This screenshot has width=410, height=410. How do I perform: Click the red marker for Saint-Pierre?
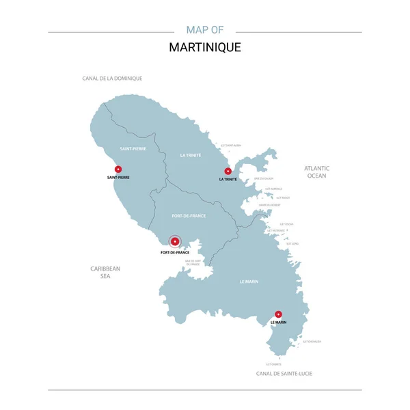[118, 169]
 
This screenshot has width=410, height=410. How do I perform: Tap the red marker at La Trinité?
[228, 171]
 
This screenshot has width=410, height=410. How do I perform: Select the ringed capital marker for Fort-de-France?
[175, 241]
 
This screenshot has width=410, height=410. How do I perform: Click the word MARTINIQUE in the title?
[205, 49]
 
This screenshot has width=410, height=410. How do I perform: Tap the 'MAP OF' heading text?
[205, 30]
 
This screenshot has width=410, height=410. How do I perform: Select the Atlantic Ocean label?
[317, 172]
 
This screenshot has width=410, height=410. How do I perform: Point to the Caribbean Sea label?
[105, 272]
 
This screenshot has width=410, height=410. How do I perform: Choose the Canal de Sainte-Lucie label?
[284, 374]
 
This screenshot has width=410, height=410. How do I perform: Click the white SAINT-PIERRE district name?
[133, 148]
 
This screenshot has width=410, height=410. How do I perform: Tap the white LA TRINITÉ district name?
[191, 155]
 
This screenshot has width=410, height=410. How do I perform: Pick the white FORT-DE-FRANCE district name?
[189, 216]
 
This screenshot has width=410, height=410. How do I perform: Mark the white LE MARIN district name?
[248, 282]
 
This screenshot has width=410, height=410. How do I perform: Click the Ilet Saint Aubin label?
[230, 146]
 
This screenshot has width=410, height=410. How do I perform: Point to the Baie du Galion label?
[264, 179]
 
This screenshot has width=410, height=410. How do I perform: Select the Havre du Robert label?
[269, 205]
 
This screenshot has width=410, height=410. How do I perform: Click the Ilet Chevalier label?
[310, 341]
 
